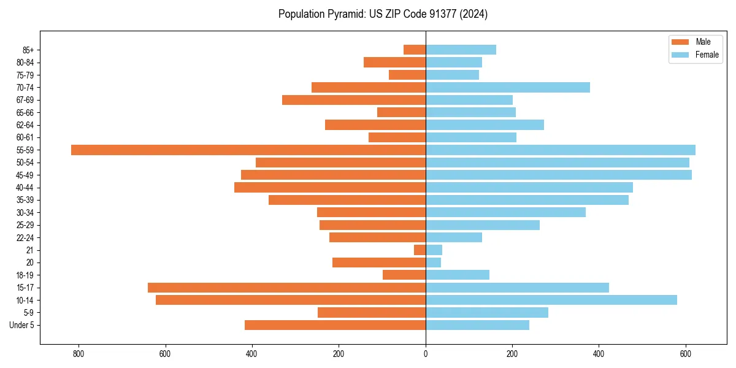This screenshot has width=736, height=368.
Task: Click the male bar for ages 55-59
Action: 248,150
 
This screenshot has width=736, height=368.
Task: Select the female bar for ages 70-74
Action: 508,87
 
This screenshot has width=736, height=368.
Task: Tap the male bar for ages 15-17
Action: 286,288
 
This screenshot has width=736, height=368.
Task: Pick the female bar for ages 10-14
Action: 551,300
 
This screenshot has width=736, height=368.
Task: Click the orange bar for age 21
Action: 420,250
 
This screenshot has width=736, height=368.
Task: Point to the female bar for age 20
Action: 433,263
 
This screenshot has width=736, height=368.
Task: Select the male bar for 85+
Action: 415,50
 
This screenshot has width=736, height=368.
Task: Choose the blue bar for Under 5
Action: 477,325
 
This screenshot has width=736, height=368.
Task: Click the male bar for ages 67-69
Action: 354,100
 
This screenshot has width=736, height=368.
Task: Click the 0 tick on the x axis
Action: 426,354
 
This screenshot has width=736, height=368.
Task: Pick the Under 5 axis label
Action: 22,325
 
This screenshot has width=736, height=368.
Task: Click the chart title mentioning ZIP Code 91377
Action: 383,14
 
